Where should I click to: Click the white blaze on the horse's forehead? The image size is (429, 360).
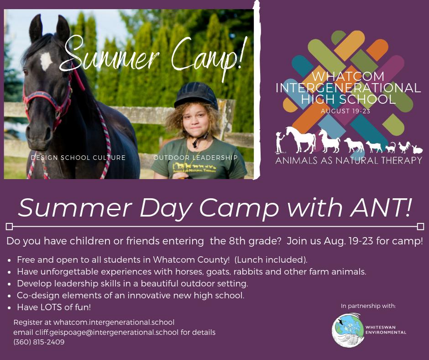click(46, 60)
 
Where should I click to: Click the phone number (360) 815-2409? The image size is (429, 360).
click(39, 342)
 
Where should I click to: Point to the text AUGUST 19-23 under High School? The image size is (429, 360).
click(345, 111)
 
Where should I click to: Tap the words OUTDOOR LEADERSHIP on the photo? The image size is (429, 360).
click(195, 158)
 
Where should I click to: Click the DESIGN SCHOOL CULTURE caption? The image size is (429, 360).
click(78, 158)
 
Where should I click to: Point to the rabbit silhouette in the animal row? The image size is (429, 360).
click(417, 149)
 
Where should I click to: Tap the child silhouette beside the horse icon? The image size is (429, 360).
click(279, 142)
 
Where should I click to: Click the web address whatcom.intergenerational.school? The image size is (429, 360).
click(114, 323)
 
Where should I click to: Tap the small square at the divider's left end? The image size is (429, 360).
click(9, 227)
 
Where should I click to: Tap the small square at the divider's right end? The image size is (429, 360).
click(420, 227)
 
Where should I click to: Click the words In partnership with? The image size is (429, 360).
click(368, 306)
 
